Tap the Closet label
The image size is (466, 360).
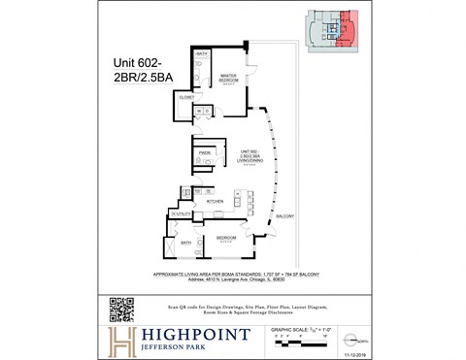(185, 97)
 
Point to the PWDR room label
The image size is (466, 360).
(205, 152)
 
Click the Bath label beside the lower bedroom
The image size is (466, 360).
(184, 244)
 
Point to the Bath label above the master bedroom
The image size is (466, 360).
(201, 54)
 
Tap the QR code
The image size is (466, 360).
(120, 308)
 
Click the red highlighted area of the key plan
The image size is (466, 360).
(351, 29)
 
